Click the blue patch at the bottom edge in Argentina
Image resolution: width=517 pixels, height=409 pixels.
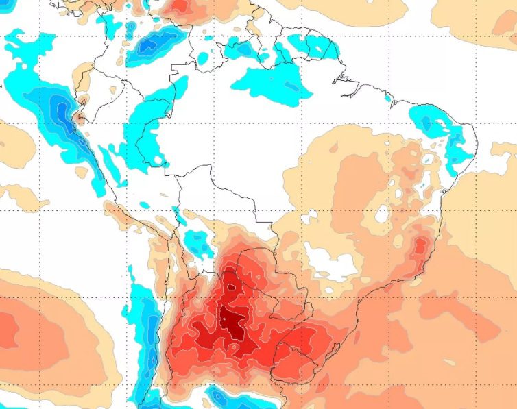tap(226, 397)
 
